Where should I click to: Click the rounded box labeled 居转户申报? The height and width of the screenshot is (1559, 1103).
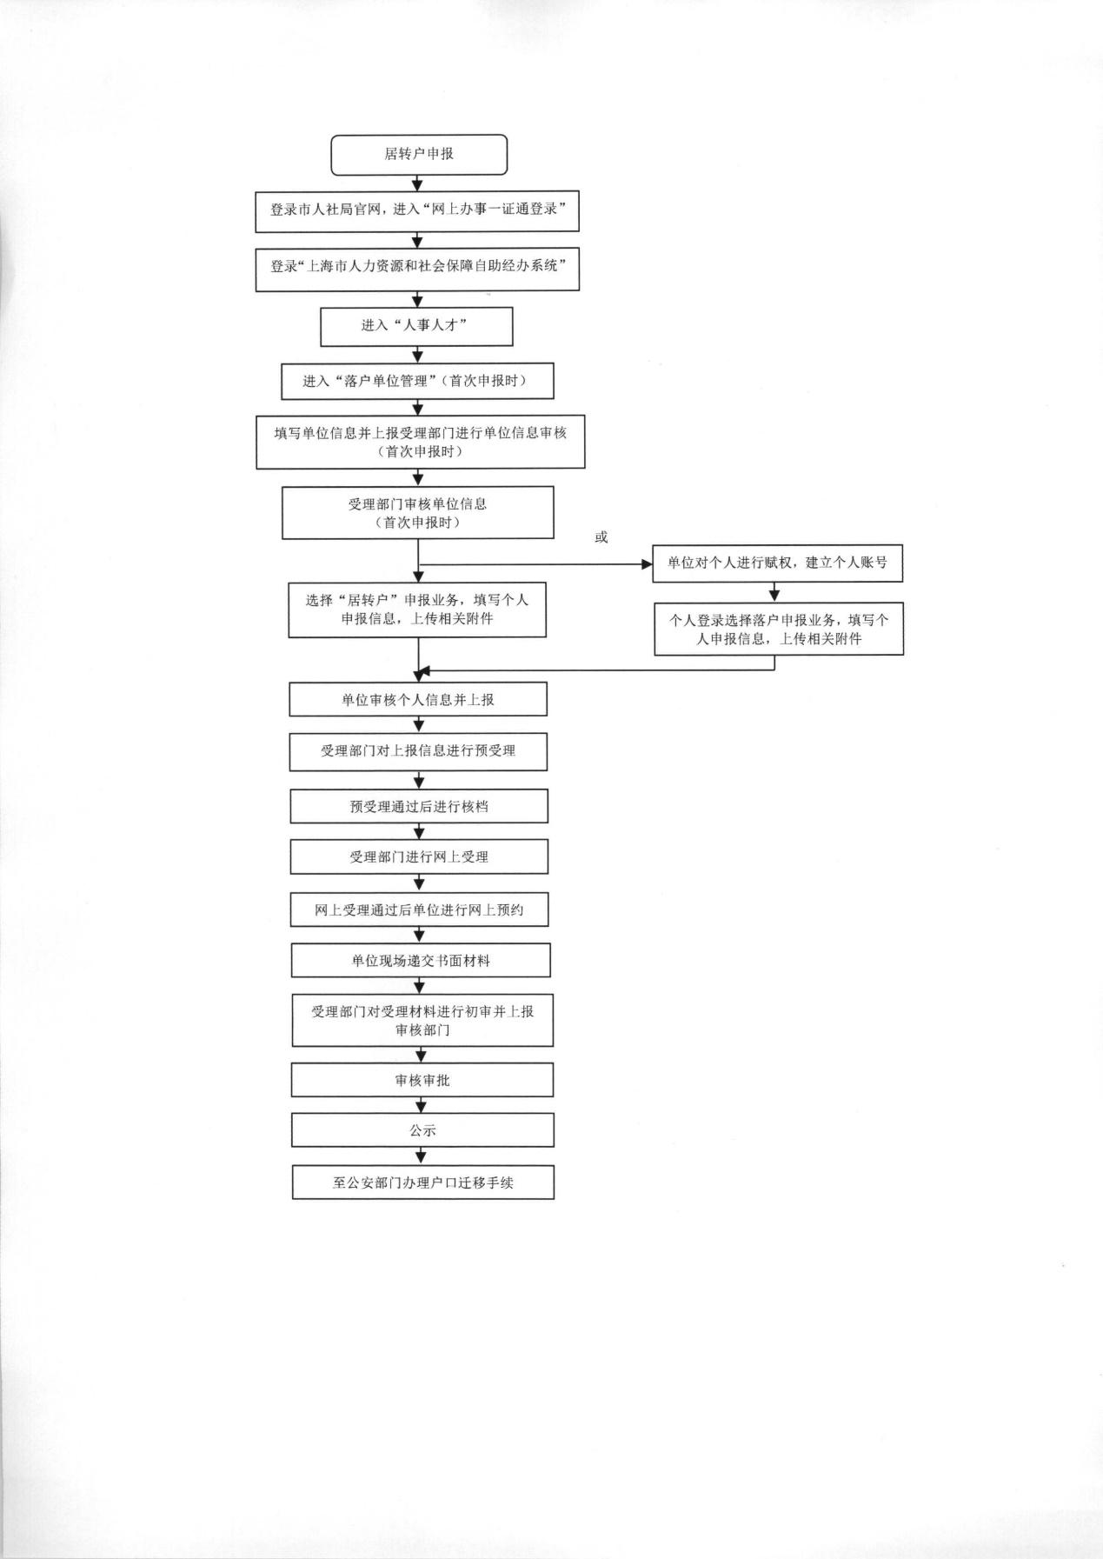pyautogui.click(x=418, y=154)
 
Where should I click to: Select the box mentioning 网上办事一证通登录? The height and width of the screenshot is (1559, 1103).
pyautogui.click(x=417, y=211)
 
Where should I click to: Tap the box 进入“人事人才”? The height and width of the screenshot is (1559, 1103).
pyautogui.click(x=416, y=326)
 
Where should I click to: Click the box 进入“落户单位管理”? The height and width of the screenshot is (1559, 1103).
pyautogui.click(x=417, y=381)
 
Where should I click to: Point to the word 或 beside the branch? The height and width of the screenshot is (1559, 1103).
pyautogui.click(x=601, y=537)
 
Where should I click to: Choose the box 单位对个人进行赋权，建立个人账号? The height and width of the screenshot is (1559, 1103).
pyautogui.click(x=778, y=563)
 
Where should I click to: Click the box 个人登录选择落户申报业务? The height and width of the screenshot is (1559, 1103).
pyautogui.click(x=779, y=629)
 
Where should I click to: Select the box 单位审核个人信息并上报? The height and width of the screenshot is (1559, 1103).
pyautogui.click(x=418, y=699)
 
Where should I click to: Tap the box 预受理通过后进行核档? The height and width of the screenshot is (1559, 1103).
pyautogui.click(x=419, y=806)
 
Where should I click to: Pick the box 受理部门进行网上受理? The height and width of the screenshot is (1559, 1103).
pyautogui.click(x=419, y=856)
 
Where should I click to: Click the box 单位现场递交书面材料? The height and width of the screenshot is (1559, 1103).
pyautogui.click(x=421, y=961)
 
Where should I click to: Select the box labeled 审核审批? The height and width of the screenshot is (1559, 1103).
pyautogui.click(x=422, y=1080)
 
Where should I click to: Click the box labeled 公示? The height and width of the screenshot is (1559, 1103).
pyautogui.click(x=422, y=1130)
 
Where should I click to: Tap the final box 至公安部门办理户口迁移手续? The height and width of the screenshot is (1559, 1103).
pyautogui.click(x=423, y=1183)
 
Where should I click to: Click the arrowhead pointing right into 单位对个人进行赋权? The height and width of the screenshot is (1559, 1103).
pyautogui.click(x=648, y=564)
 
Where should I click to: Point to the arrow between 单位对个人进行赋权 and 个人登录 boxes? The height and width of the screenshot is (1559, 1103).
pyautogui.click(x=774, y=592)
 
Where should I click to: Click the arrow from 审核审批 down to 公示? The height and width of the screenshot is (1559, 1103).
pyautogui.click(x=422, y=1105)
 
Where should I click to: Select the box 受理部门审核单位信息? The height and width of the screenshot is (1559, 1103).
pyautogui.click(x=418, y=513)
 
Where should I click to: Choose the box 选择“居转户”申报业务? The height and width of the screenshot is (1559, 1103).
pyautogui.click(x=417, y=610)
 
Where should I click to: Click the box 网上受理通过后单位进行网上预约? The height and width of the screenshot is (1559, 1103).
pyautogui.click(x=419, y=909)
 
